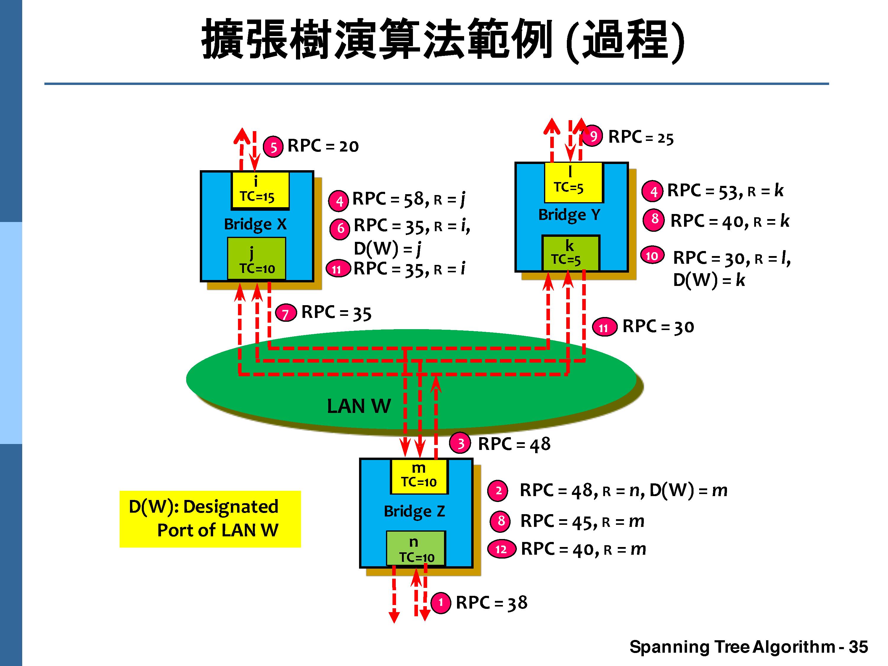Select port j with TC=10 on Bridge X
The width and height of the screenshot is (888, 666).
(257, 258)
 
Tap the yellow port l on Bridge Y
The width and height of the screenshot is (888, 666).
(573, 182)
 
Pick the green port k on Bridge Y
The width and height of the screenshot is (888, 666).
(570, 253)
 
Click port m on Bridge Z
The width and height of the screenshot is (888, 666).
(419, 476)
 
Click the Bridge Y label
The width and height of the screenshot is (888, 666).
(569, 215)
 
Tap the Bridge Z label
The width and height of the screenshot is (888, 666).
(414, 511)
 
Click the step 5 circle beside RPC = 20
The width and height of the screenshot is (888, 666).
(273, 147)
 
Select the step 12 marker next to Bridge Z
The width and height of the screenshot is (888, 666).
(501, 549)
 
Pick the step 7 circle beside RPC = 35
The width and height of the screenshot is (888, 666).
(285, 313)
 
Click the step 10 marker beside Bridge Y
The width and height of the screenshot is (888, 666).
(652, 256)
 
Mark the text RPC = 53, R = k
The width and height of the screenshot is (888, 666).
(725, 191)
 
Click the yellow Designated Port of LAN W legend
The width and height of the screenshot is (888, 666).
(210, 519)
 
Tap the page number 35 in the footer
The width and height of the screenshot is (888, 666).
(858, 647)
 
